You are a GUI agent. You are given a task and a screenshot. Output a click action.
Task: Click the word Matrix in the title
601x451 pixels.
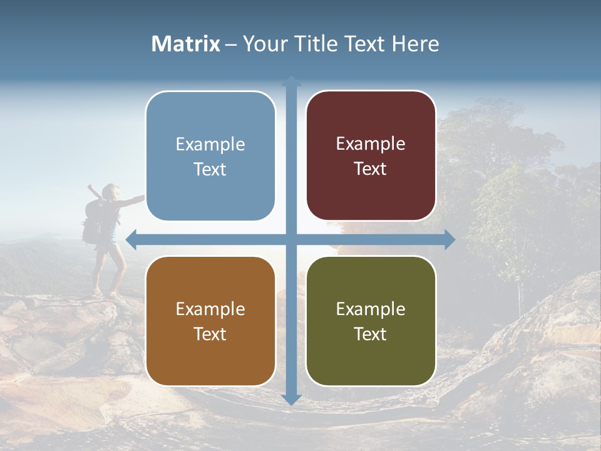186,44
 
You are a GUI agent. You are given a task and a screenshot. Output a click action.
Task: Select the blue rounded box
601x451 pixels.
210,156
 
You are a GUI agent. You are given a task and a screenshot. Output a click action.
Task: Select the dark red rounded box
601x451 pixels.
371,156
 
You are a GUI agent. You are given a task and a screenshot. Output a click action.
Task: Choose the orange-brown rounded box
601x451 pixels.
210,321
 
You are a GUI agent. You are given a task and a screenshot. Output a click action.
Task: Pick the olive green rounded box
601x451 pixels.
371,321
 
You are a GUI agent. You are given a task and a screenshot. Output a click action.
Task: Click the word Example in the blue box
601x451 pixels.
210,145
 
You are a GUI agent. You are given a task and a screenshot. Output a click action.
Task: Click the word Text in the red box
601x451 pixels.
371,169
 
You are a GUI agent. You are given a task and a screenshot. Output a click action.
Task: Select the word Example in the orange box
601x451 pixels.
210,309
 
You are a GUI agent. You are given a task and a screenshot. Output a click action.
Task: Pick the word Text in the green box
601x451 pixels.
371,334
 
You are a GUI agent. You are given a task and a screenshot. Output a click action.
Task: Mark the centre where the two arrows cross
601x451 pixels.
291,239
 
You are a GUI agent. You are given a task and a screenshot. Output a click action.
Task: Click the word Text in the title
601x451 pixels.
366,44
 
